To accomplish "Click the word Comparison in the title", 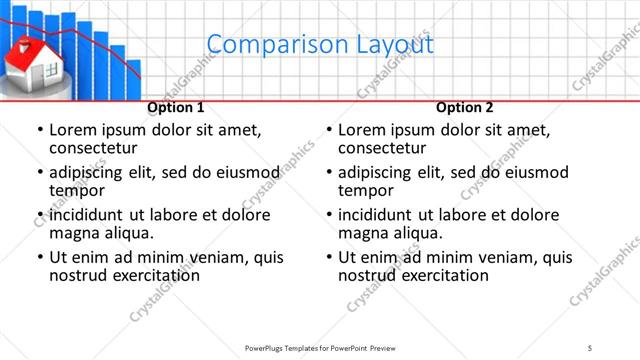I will click(264, 45).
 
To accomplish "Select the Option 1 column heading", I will click(176, 107).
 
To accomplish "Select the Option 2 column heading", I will click(465, 107).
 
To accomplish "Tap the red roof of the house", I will click(31, 51).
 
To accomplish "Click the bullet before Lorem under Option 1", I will click(39, 130).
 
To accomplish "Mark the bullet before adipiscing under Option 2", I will click(328, 172).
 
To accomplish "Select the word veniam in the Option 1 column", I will click(208, 257).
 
